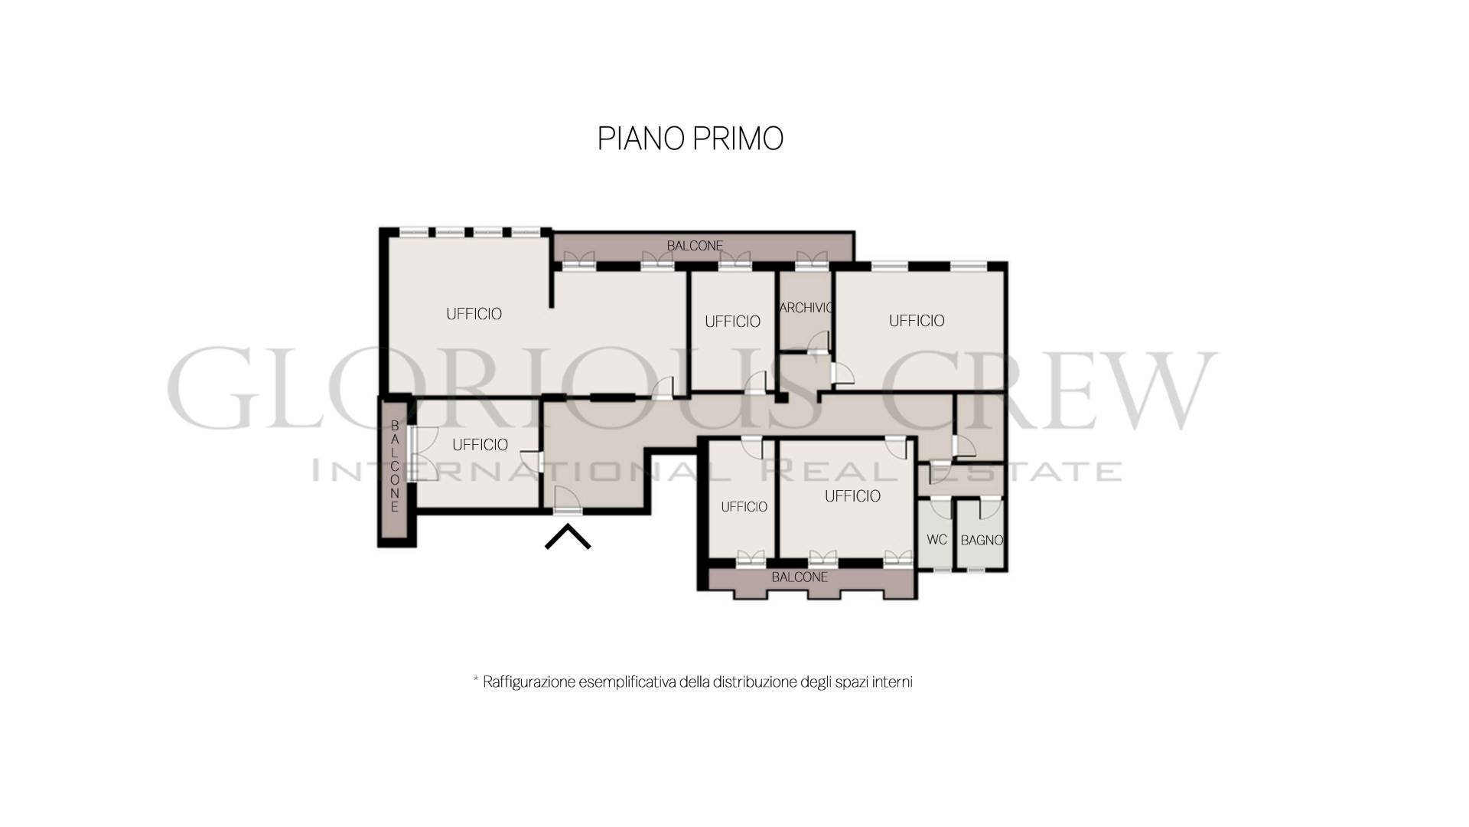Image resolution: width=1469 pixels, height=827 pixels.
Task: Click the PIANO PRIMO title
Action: pos(690,139)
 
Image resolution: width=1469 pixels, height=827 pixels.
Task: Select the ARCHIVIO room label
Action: pos(806,308)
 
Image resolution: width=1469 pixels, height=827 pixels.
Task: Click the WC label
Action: pos(936,540)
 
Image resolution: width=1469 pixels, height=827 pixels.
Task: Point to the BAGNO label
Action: pos(982,541)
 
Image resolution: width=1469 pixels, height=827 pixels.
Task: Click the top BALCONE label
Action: pos(695,246)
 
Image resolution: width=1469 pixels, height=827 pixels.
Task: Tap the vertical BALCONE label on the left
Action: pos(395,466)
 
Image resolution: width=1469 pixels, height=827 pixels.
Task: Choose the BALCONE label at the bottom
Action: pos(800,577)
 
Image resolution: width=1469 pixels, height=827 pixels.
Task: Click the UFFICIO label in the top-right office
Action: pos(917,321)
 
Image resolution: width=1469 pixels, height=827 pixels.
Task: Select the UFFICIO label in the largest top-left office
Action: pos(474,314)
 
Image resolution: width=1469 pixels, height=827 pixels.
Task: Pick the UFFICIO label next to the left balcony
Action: pos(480,445)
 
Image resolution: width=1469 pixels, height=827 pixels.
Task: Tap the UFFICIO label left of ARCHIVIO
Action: pos(732,322)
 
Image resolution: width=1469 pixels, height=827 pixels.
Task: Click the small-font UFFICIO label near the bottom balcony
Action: pos(744,507)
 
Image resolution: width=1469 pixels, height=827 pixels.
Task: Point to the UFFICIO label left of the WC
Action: pos(852,496)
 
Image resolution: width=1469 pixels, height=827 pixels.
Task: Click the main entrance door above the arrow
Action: pos(567,501)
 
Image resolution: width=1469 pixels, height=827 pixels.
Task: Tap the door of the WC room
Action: pos(940,508)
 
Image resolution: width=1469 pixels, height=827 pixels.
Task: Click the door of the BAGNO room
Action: pos(990,508)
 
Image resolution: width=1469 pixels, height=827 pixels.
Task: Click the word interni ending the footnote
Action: pos(894,682)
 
